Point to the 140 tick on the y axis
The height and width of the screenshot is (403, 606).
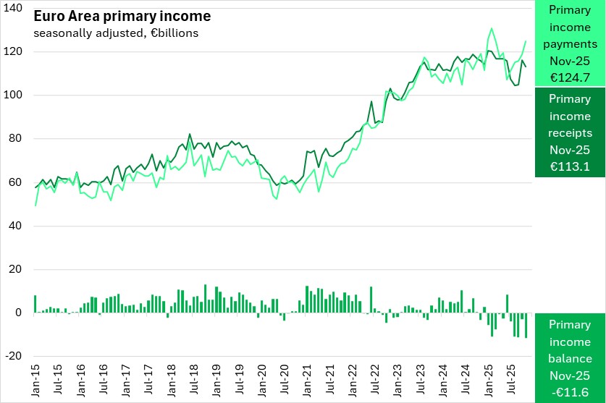pyautogui.click(x=14, y=8)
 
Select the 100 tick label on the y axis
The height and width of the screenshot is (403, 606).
pyautogui.click(x=14, y=96)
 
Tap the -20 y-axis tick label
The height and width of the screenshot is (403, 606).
pyautogui.click(x=14, y=357)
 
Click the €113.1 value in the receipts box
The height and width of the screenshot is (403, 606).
pyautogui.click(x=569, y=166)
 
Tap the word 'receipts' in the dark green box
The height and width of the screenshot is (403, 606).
pyautogui.click(x=569, y=133)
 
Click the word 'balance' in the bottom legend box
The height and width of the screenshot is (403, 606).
pyautogui.click(x=569, y=358)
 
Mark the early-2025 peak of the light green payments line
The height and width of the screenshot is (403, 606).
pyautogui.click(x=492, y=29)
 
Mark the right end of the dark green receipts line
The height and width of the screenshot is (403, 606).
pyautogui.click(x=526, y=67)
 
